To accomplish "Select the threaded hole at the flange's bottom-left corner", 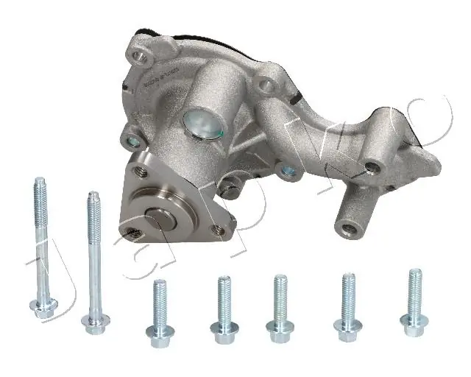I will click(133, 235).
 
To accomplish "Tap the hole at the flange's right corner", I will click(218, 230).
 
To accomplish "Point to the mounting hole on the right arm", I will click(373, 167).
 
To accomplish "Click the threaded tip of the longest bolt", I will click(40, 184).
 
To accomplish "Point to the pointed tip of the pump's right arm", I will click(438, 166).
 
